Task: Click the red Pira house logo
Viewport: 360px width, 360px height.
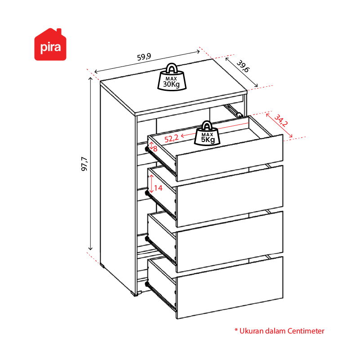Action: point(50,44)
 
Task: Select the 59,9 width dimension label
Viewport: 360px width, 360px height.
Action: point(144,57)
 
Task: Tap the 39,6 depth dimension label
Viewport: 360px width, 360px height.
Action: point(243,66)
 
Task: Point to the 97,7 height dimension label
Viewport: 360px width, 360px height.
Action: point(84,164)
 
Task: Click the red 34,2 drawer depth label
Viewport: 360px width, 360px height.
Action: point(281,120)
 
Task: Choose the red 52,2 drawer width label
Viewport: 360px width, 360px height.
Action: point(171,138)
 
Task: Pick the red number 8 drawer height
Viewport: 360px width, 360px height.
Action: point(155,149)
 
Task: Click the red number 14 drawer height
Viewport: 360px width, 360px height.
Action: point(158,188)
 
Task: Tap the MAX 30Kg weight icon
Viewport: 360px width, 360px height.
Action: point(172,77)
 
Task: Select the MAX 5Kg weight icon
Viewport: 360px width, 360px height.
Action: point(207,133)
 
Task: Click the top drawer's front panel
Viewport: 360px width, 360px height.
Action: point(230,158)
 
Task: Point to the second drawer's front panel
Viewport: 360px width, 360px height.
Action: point(230,196)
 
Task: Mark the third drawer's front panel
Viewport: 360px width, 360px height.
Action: point(230,242)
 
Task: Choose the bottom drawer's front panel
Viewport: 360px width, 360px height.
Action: point(230,288)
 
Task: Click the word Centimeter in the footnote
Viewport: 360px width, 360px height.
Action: point(306,331)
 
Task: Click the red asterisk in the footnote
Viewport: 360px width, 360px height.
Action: point(236,330)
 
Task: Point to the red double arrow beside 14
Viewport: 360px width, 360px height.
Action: point(151,184)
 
